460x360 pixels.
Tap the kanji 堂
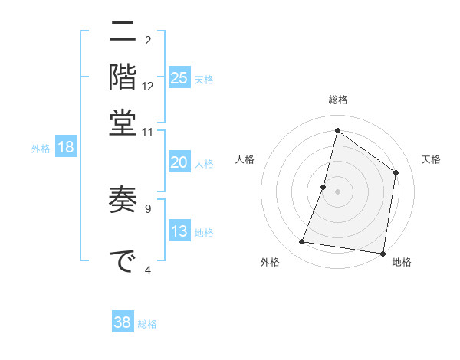123,123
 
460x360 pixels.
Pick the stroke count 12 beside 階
148,87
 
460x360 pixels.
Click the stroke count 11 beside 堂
148,132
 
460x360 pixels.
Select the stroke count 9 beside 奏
148,207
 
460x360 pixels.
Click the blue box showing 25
179,78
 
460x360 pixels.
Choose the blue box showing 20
179,162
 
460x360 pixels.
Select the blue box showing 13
179,232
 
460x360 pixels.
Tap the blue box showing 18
66,148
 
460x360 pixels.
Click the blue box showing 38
123,322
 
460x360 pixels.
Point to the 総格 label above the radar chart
338,100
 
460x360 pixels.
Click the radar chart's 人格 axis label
245,159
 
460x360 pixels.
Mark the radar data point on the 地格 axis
383,253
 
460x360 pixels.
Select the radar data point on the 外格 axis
302,242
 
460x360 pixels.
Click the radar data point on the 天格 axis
396,172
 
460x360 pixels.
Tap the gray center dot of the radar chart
338,191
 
